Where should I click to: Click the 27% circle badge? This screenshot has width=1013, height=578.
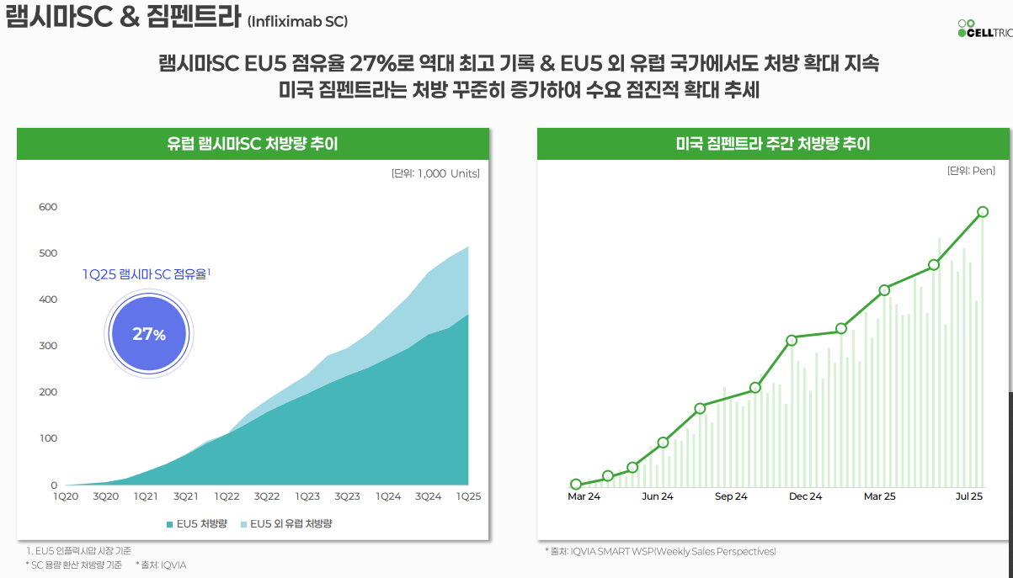pyautogui.click(x=149, y=334)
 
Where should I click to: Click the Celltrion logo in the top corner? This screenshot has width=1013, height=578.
pyautogui.click(x=984, y=28)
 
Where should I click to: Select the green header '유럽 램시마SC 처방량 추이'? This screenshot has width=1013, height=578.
pyautogui.click(x=252, y=144)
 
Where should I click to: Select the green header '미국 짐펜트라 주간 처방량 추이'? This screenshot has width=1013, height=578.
pyautogui.click(x=772, y=144)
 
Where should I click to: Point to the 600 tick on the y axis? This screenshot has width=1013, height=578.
pyautogui.click(x=48, y=207)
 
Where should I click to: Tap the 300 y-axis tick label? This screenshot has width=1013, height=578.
pyautogui.click(x=48, y=346)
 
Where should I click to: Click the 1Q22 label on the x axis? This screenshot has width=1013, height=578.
pyautogui.click(x=227, y=496)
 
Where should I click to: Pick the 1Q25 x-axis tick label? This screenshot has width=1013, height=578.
pyautogui.click(x=468, y=496)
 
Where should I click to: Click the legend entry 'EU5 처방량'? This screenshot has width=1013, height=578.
pyautogui.click(x=195, y=523)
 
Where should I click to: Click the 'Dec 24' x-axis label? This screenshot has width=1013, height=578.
pyautogui.click(x=805, y=496)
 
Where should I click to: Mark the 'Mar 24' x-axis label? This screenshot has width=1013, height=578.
pyautogui.click(x=584, y=496)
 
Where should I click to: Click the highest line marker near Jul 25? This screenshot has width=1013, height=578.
pyautogui.click(x=983, y=212)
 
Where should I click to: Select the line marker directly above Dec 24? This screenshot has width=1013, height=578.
pyautogui.click(x=792, y=341)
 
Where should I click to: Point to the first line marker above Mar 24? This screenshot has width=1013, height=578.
pyautogui.click(x=576, y=484)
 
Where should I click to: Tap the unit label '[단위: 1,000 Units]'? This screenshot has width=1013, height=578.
pyautogui.click(x=435, y=173)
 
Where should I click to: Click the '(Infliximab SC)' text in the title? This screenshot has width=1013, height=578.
pyautogui.click(x=297, y=21)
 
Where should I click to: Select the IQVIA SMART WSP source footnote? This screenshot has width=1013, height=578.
pyautogui.click(x=660, y=551)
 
